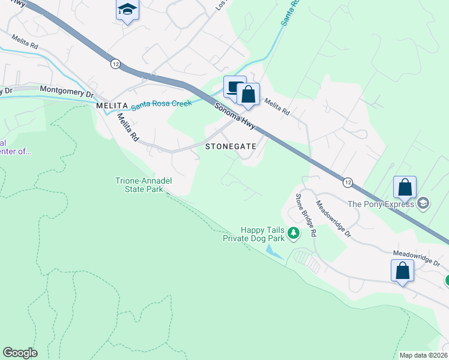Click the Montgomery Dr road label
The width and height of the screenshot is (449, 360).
coord(67,92)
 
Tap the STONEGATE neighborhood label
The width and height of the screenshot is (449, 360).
coord(231,146)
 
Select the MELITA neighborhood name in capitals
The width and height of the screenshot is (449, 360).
coord(112,105)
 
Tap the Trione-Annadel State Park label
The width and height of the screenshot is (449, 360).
coord(139,184)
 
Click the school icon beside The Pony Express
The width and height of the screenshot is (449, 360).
coord(424,203)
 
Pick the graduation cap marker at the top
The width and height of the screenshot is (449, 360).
coord(127,10)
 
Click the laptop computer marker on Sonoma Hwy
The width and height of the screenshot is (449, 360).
coord(235,88)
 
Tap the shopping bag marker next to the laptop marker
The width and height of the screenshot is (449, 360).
coord(248,94)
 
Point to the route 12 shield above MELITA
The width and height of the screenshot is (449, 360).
coord(116,63)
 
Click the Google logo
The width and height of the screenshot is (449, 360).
coord(20,353)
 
